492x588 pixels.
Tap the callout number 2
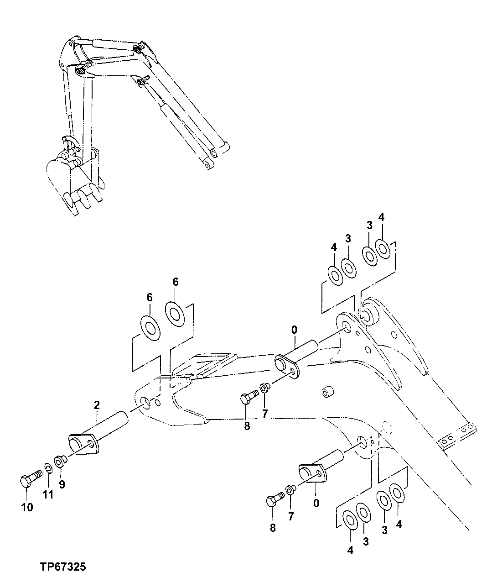pyautogui.click(x=97, y=404)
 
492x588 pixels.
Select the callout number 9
pyautogui.click(x=62, y=484)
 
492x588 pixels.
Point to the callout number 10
pyautogui.click(x=26, y=507)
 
